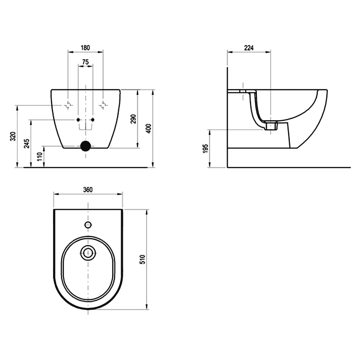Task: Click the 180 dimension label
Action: pos(85,48)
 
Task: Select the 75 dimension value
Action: pos(85,62)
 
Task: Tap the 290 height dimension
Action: pos(133,119)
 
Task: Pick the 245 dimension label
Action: pos(27,144)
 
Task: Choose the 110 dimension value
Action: pos(40,157)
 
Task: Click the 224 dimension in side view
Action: pos(249,48)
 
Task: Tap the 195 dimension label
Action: pos(206,148)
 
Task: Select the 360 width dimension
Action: pos(88,189)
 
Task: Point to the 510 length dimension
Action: pos(143,260)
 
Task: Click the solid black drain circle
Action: pos(85,146)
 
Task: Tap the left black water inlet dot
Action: pos(78,120)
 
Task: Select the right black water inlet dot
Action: pos(93,120)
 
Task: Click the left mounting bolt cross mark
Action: pos(68,105)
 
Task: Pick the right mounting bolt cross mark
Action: pos(103,105)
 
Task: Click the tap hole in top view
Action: pos(88,225)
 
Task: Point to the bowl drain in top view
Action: pos(88,253)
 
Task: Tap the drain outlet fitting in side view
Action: pos(271,126)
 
